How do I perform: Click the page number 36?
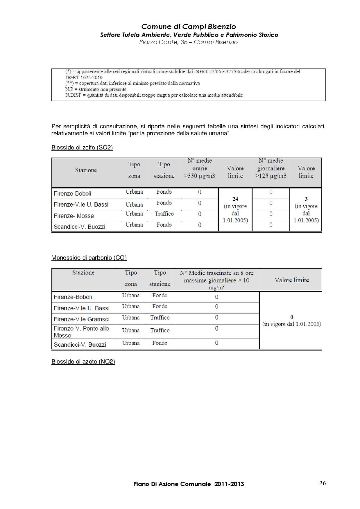[323, 483]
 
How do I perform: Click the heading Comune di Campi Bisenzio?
[188, 27]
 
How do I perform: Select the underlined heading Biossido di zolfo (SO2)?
[82, 148]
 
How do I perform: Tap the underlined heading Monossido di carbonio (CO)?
[89, 258]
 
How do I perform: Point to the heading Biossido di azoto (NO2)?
[83, 362]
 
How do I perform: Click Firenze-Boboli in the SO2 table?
[72, 194]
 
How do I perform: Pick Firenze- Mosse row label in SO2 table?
[74, 216]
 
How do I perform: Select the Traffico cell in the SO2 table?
[164, 214]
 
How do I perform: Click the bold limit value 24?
[235, 199]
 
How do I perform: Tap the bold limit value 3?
[306, 199]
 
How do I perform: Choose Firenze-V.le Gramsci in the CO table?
[82, 319]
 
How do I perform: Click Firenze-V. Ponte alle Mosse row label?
[81, 332]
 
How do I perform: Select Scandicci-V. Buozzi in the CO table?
[80, 345]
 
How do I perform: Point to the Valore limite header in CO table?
[291, 280]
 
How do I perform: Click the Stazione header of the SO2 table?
[86, 170]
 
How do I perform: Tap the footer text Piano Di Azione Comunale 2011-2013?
[189, 484]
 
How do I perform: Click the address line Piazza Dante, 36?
[188, 42]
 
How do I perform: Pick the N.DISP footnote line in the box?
[154, 95]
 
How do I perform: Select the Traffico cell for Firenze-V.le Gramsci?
[160, 318]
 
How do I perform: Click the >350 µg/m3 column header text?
[200, 176]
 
